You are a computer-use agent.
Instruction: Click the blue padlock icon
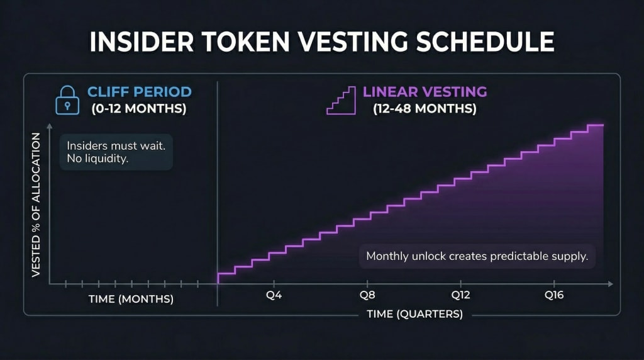(67, 100)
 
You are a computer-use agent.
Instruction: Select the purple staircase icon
(340, 100)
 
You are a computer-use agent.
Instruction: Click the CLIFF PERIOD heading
(139, 92)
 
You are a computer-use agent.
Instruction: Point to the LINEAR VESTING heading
(425, 92)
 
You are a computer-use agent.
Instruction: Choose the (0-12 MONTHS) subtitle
(139, 109)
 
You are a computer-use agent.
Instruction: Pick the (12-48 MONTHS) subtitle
(425, 109)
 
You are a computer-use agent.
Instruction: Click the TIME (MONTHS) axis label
(131, 300)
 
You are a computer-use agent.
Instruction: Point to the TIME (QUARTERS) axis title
(415, 314)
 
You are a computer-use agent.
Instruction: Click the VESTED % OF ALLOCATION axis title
(36, 205)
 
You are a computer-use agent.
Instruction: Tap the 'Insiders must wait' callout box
(116, 152)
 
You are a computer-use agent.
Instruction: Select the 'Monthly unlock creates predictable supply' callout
(477, 257)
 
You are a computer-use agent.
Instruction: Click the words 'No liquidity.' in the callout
(97, 159)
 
